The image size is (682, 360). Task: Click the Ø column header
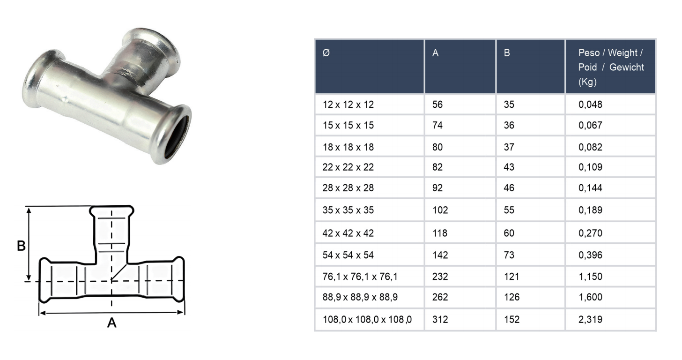tap(326, 53)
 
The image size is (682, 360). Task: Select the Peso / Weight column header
tap(611, 67)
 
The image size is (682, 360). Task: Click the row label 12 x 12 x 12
tap(348, 105)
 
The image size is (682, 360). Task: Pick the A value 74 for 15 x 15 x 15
tap(437, 126)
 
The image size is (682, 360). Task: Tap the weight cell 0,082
tap(590, 147)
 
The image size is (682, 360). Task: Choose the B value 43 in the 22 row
tap(509, 167)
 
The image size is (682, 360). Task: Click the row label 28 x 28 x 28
tap(348, 188)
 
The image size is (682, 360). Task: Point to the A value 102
tap(440, 210)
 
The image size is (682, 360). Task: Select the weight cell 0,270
tap(590, 233)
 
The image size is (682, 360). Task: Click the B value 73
tap(509, 255)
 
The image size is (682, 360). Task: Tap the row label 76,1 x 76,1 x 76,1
tap(360, 277)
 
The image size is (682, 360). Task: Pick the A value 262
tap(440, 297)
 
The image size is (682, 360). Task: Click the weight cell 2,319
tap(590, 320)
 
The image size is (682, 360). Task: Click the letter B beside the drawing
tap(21, 246)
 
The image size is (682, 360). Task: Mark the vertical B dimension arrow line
tap(30, 244)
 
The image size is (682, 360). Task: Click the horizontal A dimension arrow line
tap(111, 313)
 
